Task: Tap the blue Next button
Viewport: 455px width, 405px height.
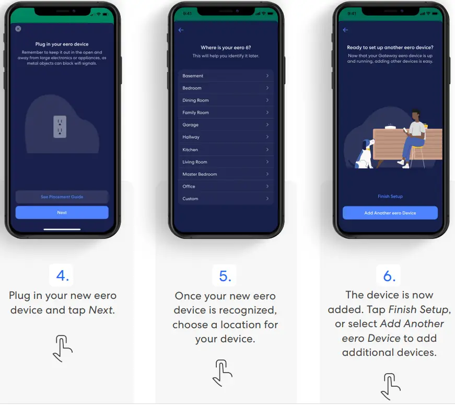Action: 62,213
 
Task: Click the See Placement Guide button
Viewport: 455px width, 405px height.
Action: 62,197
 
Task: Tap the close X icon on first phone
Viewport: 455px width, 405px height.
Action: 18,29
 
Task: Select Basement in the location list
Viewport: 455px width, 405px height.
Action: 225,76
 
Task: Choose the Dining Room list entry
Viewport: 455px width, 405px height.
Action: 225,100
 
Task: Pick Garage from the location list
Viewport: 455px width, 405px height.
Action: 225,125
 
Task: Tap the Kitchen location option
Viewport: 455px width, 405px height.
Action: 225,149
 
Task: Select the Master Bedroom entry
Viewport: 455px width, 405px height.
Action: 225,174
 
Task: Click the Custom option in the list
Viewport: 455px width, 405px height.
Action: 225,199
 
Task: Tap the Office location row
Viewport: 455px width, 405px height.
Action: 225,187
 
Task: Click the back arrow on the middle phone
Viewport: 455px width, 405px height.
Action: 181,30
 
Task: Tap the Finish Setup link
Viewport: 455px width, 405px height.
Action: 390,196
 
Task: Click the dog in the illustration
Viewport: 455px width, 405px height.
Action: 365,154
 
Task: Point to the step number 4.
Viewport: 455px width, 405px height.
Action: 62,275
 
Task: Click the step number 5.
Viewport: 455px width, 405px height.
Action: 225,275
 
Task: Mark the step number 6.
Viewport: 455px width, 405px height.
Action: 390,275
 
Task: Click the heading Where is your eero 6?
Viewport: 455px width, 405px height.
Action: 225,48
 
